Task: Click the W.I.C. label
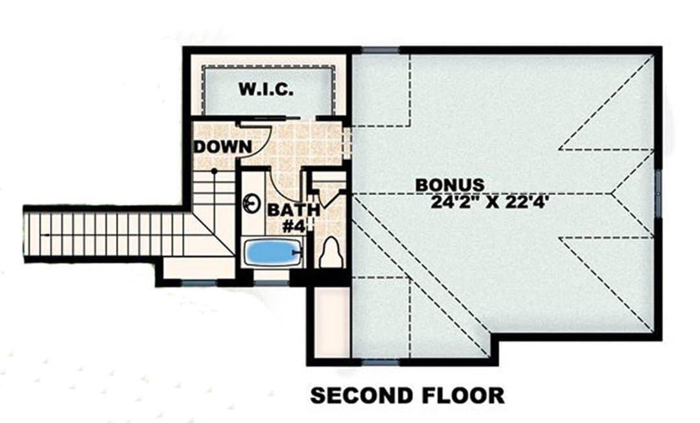click(266, 89)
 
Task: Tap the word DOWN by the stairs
click(222, 146)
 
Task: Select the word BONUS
click(450, 185)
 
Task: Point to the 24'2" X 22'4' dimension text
click(490, 202)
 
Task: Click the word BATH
click(293, 210)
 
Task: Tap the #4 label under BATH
click(294, 227)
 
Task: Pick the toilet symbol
click(331, 252)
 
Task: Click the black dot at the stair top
click(215, 171)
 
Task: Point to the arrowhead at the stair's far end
click(44, 234)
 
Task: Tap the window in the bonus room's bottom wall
click(380, 362)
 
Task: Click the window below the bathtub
click(272, 282)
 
